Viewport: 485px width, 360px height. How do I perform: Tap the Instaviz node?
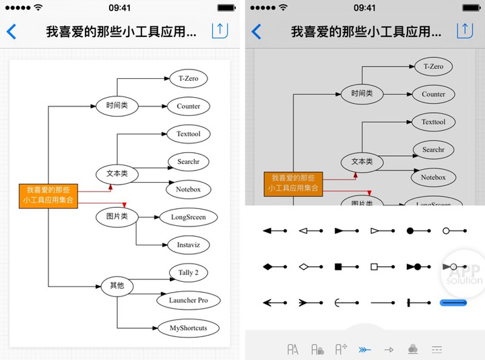pos(184,245)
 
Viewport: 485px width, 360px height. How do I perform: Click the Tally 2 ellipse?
pos(188,272)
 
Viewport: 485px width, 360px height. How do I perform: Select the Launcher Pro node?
pos(188,300)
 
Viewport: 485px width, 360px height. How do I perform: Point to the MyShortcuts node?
pos(188,328)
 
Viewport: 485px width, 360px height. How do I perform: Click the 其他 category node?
pos(117,285)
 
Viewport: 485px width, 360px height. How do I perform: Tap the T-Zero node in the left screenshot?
pos(188,78)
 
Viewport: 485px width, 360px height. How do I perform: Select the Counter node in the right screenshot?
pos(433,94)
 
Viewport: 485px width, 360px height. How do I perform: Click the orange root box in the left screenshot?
pos(48,195)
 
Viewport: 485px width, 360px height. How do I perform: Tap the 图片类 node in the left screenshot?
pos(117,216)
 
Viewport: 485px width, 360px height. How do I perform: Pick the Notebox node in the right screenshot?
pos(433,177)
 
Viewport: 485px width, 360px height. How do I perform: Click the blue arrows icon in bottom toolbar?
pos(364,349)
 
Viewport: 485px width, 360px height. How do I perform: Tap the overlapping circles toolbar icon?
pos(413,349)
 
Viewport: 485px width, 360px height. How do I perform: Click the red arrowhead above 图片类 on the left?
pos(124,204)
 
